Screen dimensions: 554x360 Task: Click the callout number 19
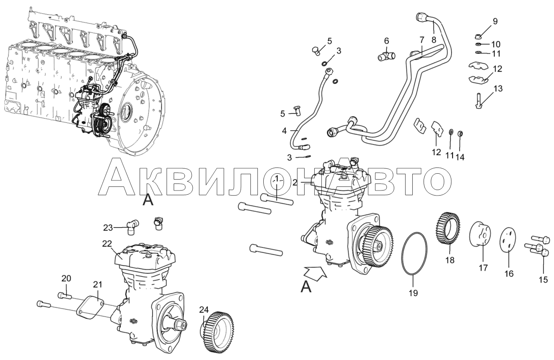[x=413, y=293]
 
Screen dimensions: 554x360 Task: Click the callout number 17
[x=483, y=268]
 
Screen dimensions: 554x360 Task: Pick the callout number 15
[x=544, y=280]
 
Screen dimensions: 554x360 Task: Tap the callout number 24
[x=204, y=310]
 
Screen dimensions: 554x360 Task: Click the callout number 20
[x=66, y=278]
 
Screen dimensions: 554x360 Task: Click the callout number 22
[x=107, y=244]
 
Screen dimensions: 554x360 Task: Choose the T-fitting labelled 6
[x=387, y=56]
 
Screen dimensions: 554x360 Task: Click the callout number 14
[x=460, y=157]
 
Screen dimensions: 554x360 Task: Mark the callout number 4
[x=284, y=130]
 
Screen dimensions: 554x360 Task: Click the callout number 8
[x=434, y=40]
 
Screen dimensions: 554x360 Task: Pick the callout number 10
[x=496, y=45]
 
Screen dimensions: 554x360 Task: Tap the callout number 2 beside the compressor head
[x=295, y=183]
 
